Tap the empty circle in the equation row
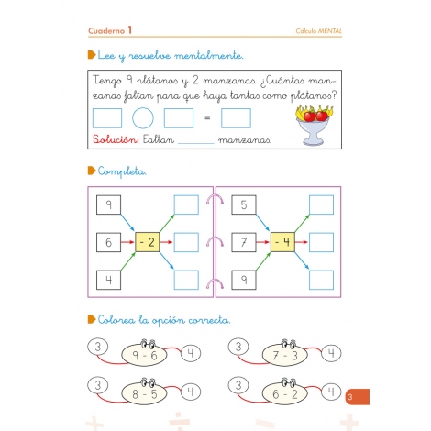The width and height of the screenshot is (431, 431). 142,118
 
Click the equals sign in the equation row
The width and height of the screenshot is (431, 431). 206,118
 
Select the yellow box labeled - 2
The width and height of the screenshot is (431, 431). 147,243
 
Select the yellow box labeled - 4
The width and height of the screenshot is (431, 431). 282,243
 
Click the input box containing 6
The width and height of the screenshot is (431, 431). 108,243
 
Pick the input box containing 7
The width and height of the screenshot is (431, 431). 244,243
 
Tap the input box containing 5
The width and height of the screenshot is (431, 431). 244,204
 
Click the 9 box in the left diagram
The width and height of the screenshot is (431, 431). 108,204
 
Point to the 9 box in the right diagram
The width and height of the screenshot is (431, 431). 244,281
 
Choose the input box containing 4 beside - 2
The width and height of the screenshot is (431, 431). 108,281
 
